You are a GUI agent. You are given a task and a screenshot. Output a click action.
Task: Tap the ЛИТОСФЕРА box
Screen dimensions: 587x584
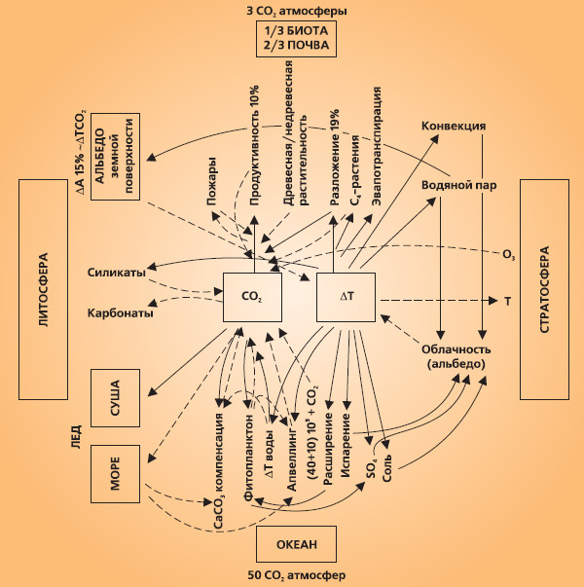coord(47,289)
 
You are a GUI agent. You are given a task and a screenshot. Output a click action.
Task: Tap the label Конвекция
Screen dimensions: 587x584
coord(453,127)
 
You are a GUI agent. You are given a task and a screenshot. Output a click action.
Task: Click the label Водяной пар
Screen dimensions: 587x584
coord(454,182)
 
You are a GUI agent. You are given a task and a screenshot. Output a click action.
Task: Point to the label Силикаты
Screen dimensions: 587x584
coord(116,273)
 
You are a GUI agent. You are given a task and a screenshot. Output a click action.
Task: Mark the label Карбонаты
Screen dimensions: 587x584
coord(116,313)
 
